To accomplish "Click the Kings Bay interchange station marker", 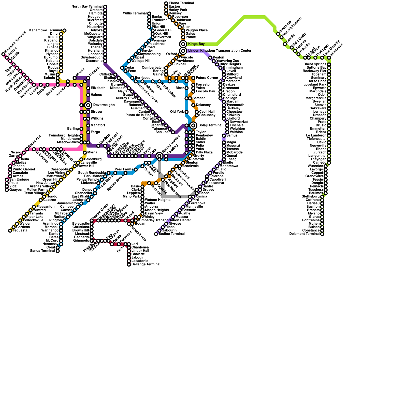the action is (x=183, y=44).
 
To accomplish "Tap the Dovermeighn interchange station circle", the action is (x=88, y=105).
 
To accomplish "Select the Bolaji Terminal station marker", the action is (x=193, y=125).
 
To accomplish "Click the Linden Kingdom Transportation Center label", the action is (x=220, y=51).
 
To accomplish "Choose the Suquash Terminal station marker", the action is (x=3, y=54).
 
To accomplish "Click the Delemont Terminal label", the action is (x=304, y=234).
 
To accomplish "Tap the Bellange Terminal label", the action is (x=146, y=265).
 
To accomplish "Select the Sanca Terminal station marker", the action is (x=58, y=251).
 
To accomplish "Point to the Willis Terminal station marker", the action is (x=149, y=13).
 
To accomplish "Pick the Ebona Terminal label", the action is (x=181, y=3).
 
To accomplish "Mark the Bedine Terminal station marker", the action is (x=156, y=234).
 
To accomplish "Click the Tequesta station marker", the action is (x=10, y=231).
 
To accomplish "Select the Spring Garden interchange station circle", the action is (x=159, y=156).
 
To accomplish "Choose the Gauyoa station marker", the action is (x=7, y=190).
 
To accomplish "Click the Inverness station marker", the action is (x=278, y=34).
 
